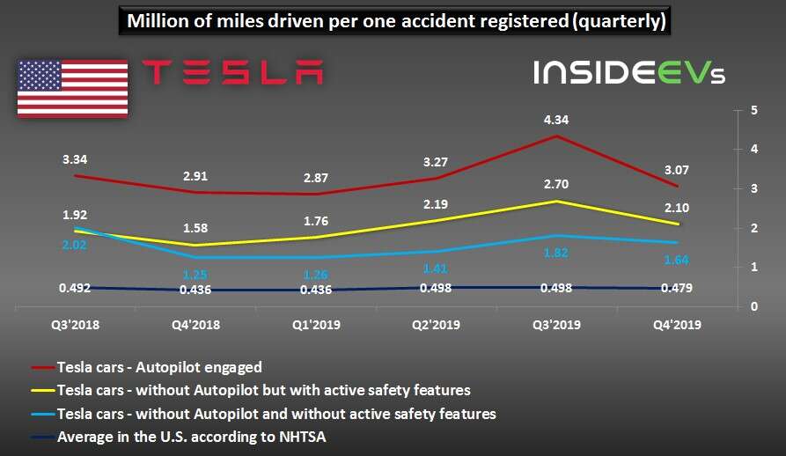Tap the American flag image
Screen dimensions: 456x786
[x=72, y=88]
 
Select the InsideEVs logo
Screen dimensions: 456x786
[x=628, y=72]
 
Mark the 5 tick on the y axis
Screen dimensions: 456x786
[x=754, y=111]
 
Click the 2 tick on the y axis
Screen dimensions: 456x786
[x=754, y=229]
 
